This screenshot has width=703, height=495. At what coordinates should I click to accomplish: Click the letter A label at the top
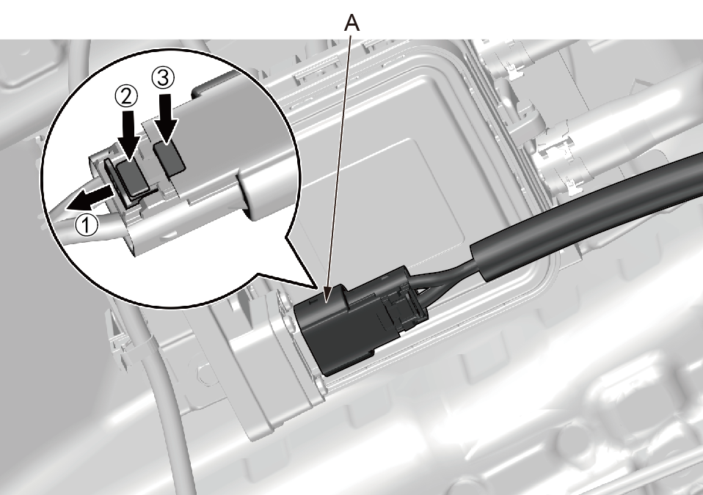pyautogui.click(x=352, y=23)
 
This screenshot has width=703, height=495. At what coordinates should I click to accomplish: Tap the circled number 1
pyautogui.click(x=86, y=224)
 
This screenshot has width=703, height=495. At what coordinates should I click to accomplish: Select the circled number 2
pyautogui.click(x=126, y=96)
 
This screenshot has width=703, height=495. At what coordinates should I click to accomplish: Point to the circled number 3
pyautogui.click(x=163, y=78)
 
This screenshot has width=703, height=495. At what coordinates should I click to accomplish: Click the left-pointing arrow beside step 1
pyautogui.click(x=90, y=199)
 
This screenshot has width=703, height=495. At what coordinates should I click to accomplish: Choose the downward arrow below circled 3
pyautogui.click(x=167, y=118)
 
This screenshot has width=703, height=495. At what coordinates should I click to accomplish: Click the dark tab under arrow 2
pyautogui.click(x=132, y=177)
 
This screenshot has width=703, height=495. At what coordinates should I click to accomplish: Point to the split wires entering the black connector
pyautogui.click(x=442, y=278)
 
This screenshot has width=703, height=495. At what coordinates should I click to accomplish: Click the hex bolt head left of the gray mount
pyautogui.click(x=204, y=373)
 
